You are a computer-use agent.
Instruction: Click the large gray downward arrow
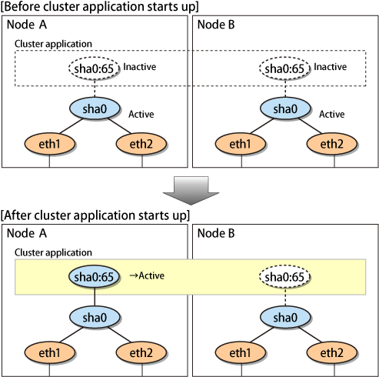click(x=191, y=190)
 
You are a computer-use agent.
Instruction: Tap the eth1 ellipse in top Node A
click(x=50, y=144)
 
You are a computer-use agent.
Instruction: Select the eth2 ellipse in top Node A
click(x=141, y=144)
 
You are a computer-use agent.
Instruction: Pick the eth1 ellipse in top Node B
click(x=241, y=144)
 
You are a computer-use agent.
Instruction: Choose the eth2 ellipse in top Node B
click(x=332, y=144)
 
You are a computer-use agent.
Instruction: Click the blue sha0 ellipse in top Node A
click(x=95, y=108)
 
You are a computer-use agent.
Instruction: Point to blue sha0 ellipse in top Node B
click(x=285, y=108)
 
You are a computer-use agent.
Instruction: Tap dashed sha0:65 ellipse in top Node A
click(x=94, y=68)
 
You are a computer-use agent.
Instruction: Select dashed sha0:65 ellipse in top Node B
click(x=284, y=68)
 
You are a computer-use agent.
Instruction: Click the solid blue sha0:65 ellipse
click(x=94, y=276)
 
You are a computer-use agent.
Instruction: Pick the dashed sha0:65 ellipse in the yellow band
click(x=284, y=276)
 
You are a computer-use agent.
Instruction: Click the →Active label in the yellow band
click(x=147, y=275)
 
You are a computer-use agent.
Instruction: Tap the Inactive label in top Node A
click(x=140, y=67)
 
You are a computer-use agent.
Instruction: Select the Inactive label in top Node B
click(x=331, y=67)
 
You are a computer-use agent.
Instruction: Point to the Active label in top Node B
click(x=332, y=114)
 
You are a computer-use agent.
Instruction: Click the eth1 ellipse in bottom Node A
click(x=50, y=352)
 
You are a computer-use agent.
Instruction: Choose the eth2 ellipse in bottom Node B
click(x=332, y=352)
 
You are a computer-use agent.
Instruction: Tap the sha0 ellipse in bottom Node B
click(x=285, y=318)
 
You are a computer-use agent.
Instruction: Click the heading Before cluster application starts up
click(x=99, y=7)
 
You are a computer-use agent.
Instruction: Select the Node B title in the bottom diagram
click(x=216, y=233)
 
